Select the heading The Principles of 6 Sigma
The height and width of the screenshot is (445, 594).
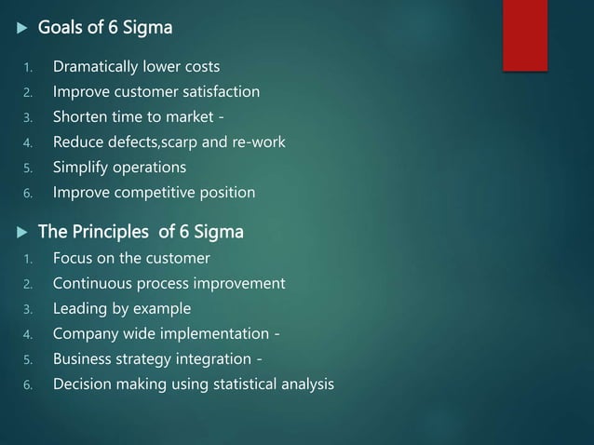click(x=140, y=232)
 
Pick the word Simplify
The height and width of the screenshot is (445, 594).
click(x=82, y=168)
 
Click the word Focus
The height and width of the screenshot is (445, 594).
click(x=74, y=258)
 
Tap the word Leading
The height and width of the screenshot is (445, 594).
click(x=81, y=308)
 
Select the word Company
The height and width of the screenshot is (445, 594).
click(x=87, y=333)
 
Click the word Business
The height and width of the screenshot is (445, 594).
click(x=83, y=358)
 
